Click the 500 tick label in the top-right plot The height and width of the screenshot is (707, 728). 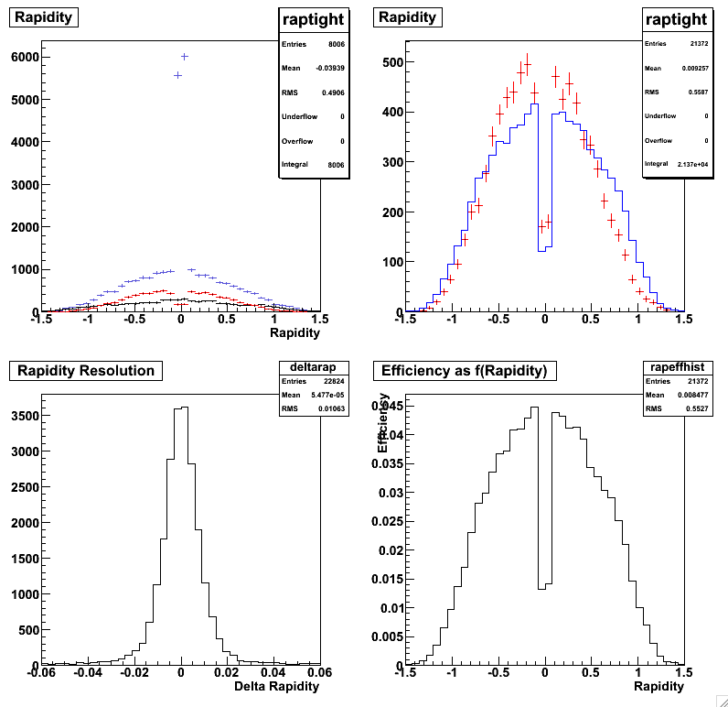pyautogui.click(x=393, y=62)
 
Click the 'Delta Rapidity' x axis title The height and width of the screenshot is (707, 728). pyautogui.click(x=277, y=686)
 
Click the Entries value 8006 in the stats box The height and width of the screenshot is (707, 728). pyautogui.click(x=334, y=43)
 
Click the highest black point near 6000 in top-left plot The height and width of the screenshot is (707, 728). pyautogui.click(x=184, y=57)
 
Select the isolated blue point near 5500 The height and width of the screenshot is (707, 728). pyautogui.click(x=177, y=75)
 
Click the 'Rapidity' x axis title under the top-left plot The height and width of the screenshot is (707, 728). pyautogui.click(x=294, y=333)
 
